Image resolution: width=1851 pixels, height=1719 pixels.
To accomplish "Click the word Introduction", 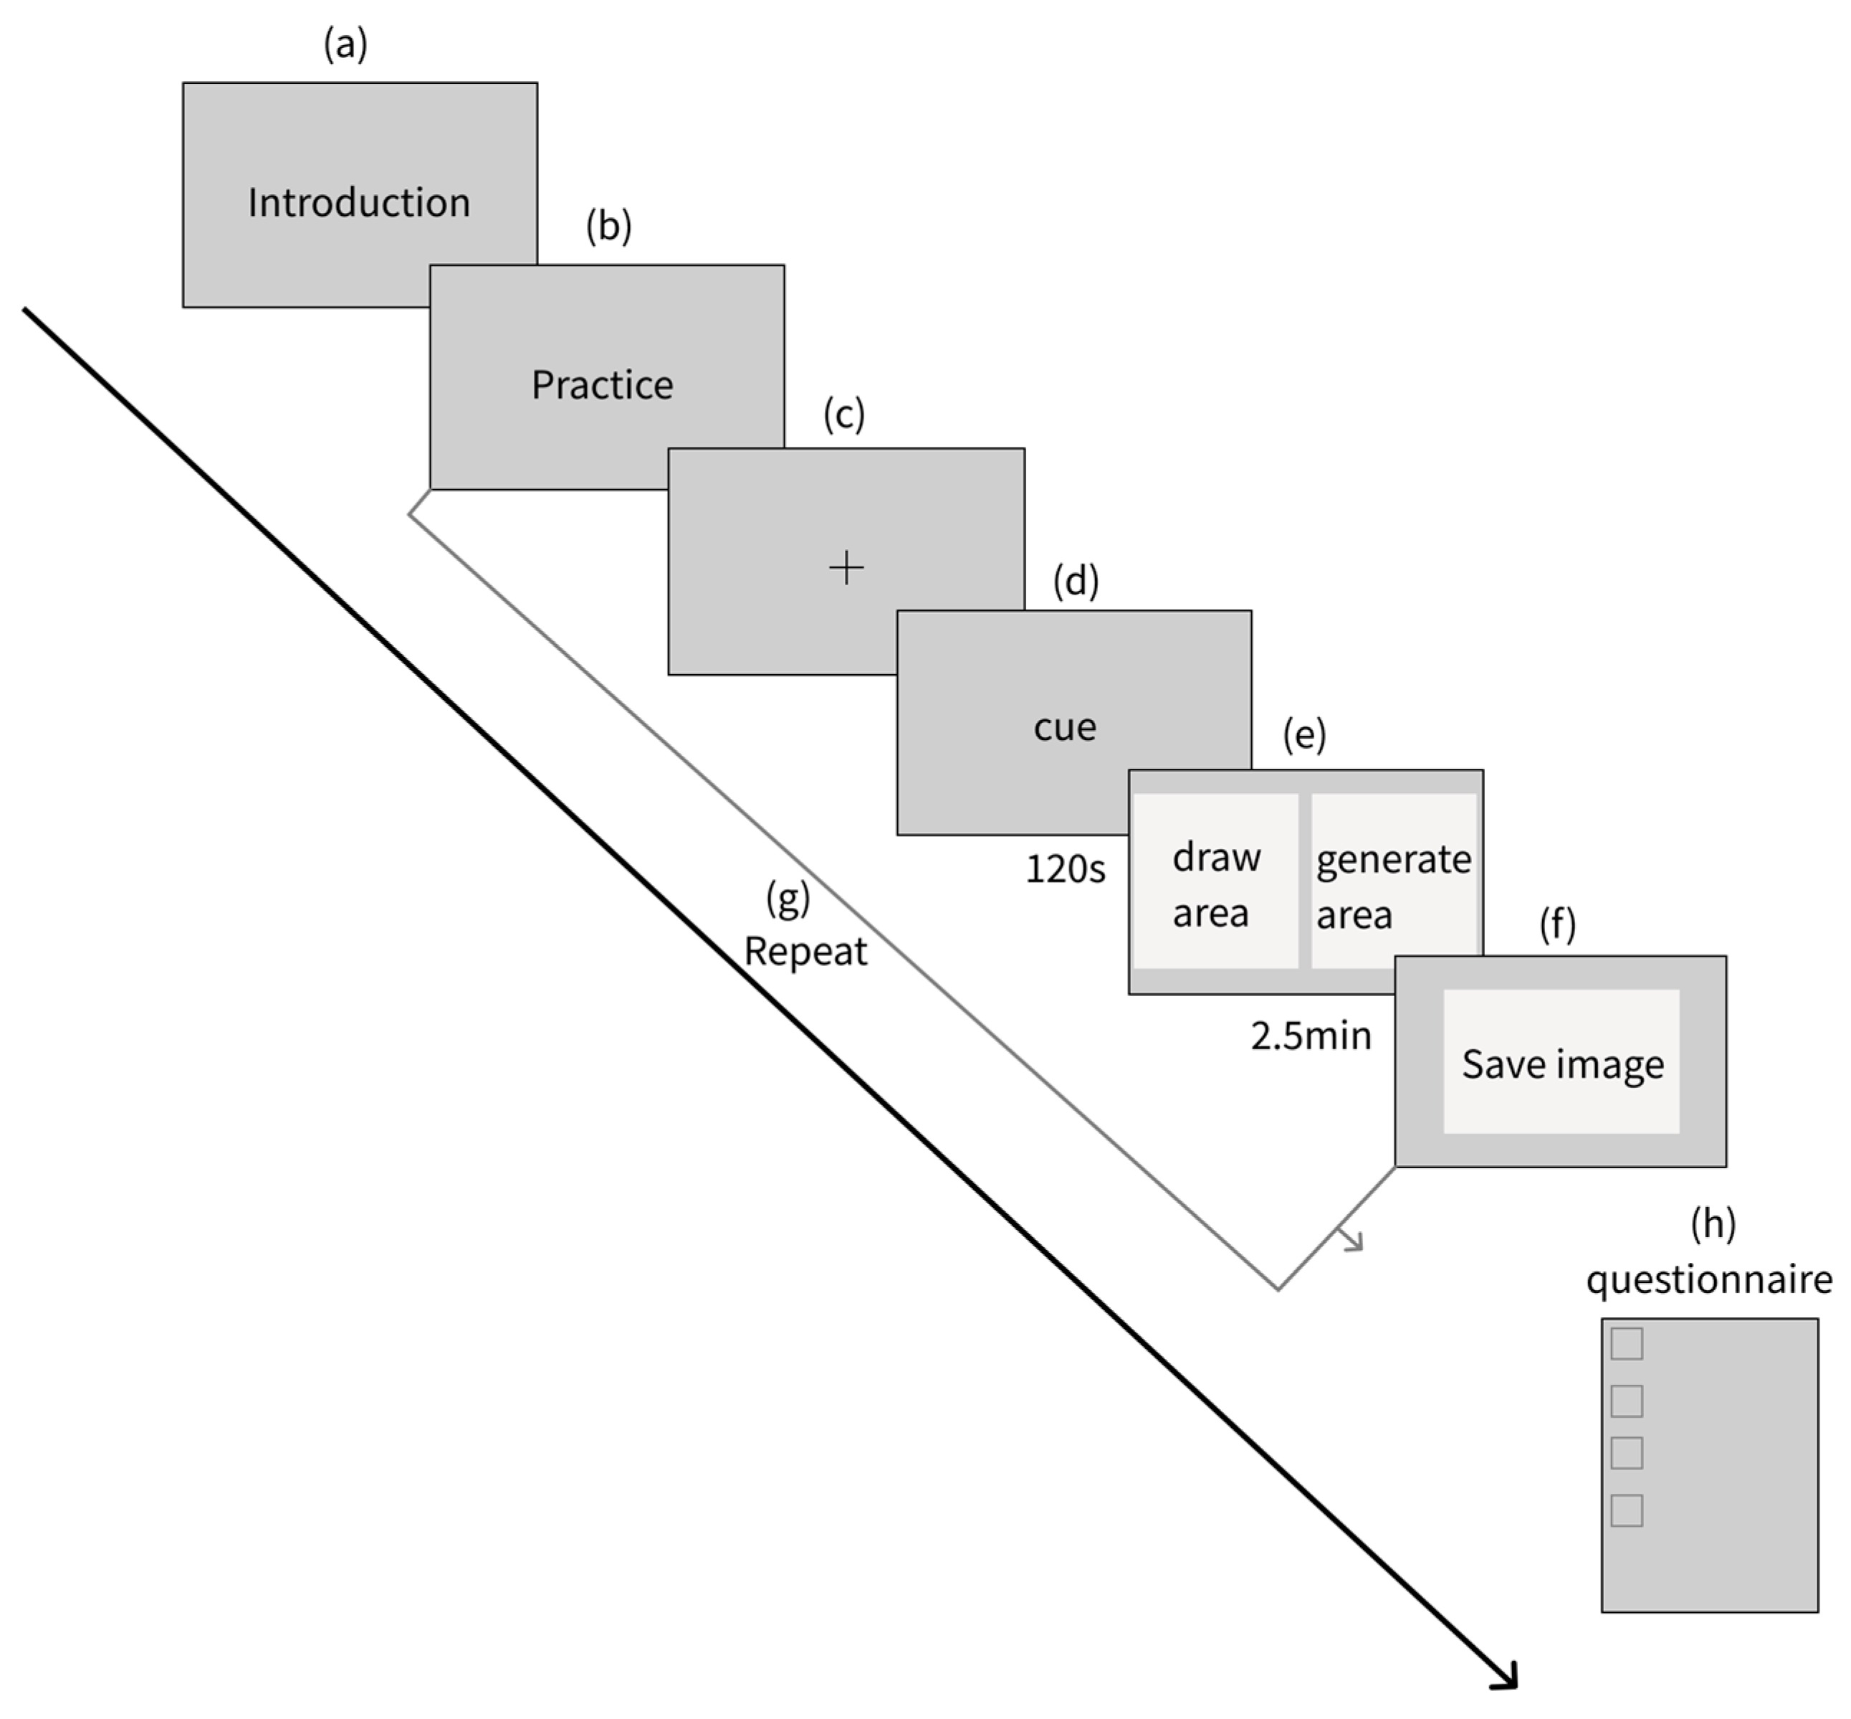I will click(359, 203).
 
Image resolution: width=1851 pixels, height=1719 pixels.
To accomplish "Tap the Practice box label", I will click(603, 384).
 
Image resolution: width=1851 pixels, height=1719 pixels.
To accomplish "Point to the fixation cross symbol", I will click(846, 567).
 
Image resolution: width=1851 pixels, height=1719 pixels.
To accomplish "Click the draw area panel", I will click(1215, 881).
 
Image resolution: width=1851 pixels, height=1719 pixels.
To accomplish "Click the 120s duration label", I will click(1066, 868).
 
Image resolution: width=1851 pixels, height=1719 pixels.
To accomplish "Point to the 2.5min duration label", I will click(1310, 1036).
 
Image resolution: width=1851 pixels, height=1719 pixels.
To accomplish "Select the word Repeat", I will click(805, 952).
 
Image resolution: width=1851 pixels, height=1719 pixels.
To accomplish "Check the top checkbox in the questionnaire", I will click(1626, 1343).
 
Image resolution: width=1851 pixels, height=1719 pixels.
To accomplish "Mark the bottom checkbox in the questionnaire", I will click(1626, 1510).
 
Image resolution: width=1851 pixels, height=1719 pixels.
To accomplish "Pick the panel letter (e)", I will click(1304, 735).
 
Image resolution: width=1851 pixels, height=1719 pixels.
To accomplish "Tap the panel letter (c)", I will click(843, 414).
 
